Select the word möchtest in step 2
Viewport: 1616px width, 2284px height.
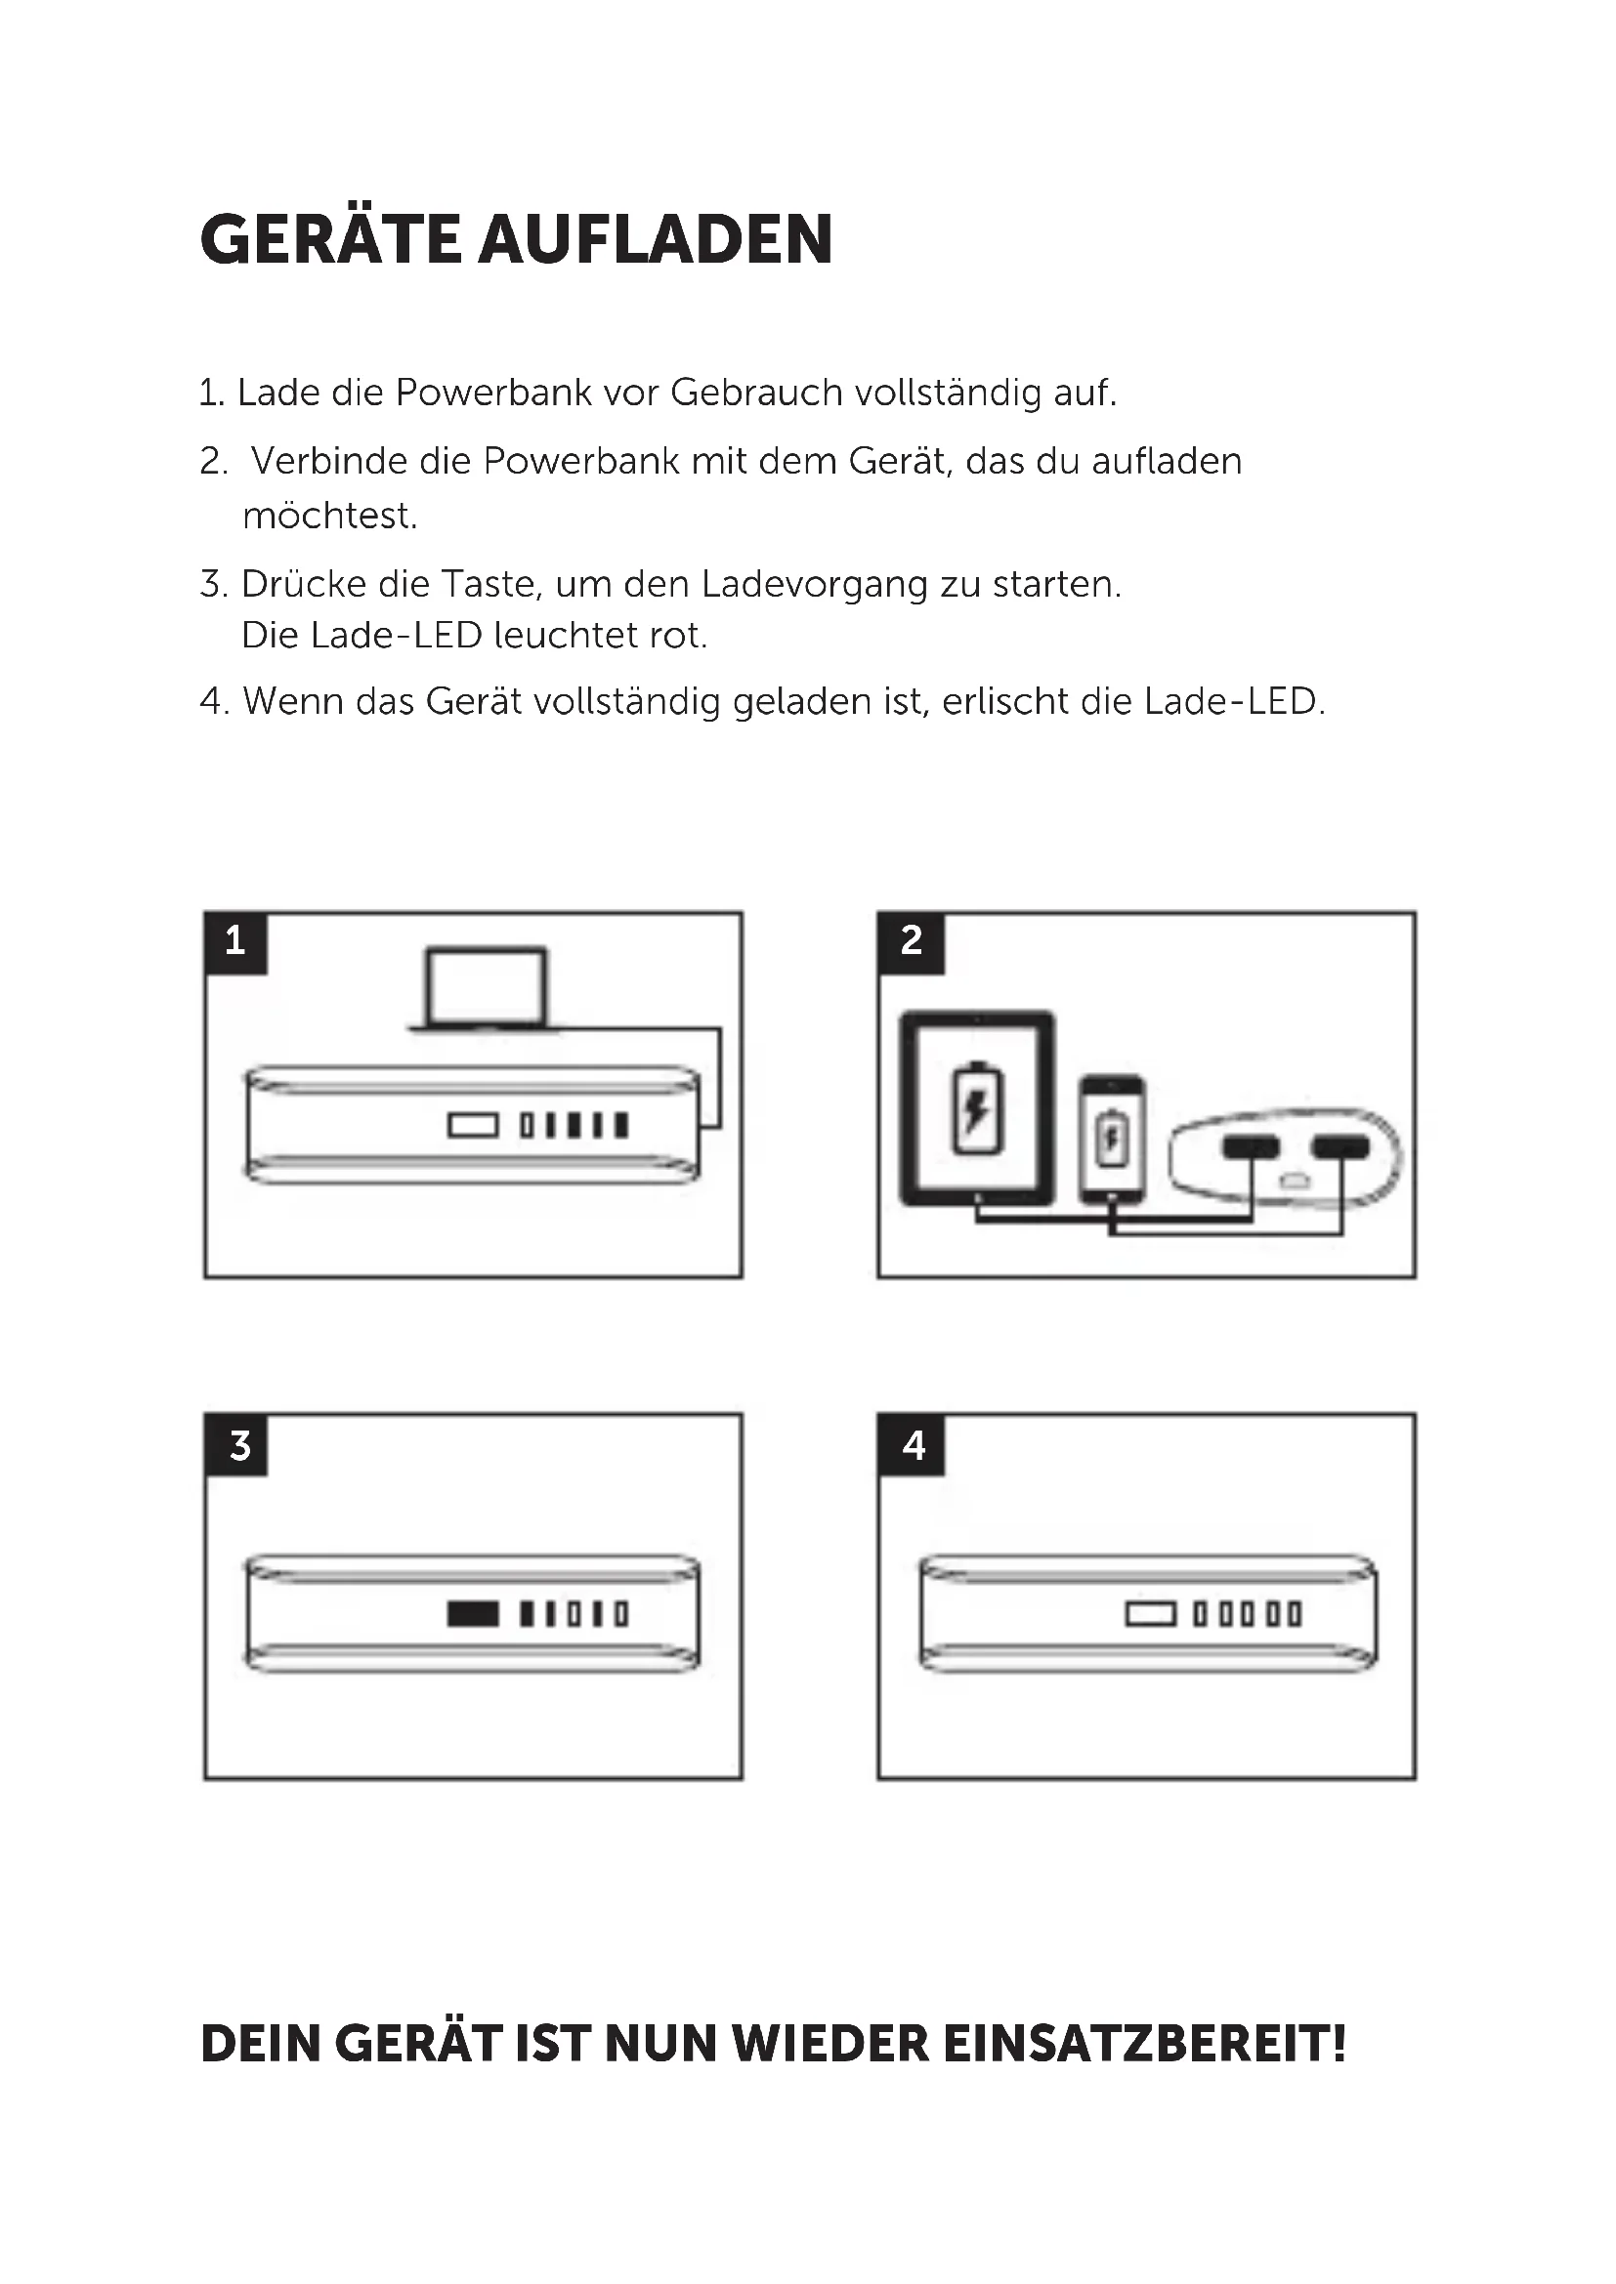(329, 517)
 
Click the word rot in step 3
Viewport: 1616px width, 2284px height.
(677, 636)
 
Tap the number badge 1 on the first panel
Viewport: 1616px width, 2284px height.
(235, 941)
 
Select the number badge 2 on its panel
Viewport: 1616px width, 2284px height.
(911, 941)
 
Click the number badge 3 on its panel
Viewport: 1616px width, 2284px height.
(238, 1445)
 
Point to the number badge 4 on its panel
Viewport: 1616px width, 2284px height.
(913, 1445)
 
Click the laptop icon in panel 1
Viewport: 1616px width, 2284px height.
(486, 988)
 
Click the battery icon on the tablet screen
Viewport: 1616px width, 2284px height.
(977, 1108)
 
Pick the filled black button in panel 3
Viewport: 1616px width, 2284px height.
(473, 1613)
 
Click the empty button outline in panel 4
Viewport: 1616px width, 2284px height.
(1150, 1613)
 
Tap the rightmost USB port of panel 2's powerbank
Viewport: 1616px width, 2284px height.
(1340, 1148)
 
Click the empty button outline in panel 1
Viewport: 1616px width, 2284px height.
(473, 1126)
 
